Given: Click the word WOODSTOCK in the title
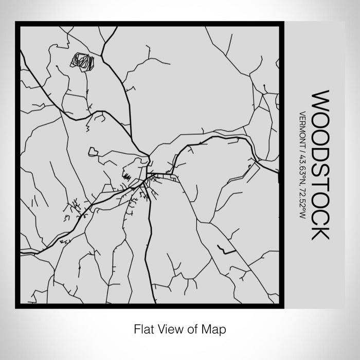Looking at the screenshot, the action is pos(320,165).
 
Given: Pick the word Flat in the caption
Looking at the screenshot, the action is pos(143,328).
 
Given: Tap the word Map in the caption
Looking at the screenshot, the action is pos(215,328).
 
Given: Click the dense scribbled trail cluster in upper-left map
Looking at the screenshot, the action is pos(82,61).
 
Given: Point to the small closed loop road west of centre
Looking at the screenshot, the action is pos(94,151).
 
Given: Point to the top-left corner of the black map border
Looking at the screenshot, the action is pos(17,23).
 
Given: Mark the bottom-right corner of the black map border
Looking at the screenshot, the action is pos(282,306).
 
